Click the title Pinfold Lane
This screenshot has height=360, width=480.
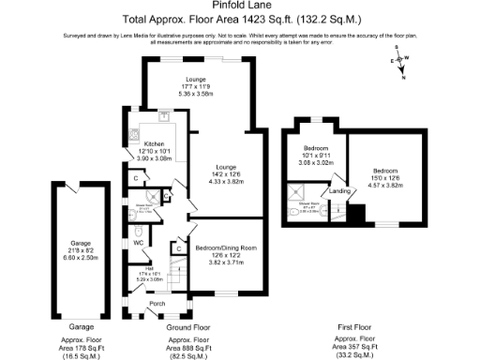[x=240, y=6]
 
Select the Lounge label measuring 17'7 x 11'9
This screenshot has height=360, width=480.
[x=196, y=80]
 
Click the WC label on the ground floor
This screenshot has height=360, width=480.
[x=138, y=242]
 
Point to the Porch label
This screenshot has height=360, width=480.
[x=157, y=304]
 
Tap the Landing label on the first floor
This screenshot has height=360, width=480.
[x=339, y=192]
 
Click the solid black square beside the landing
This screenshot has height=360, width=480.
[x=354, y=213]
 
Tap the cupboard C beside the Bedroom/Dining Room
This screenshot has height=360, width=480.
[x=176, y=248]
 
